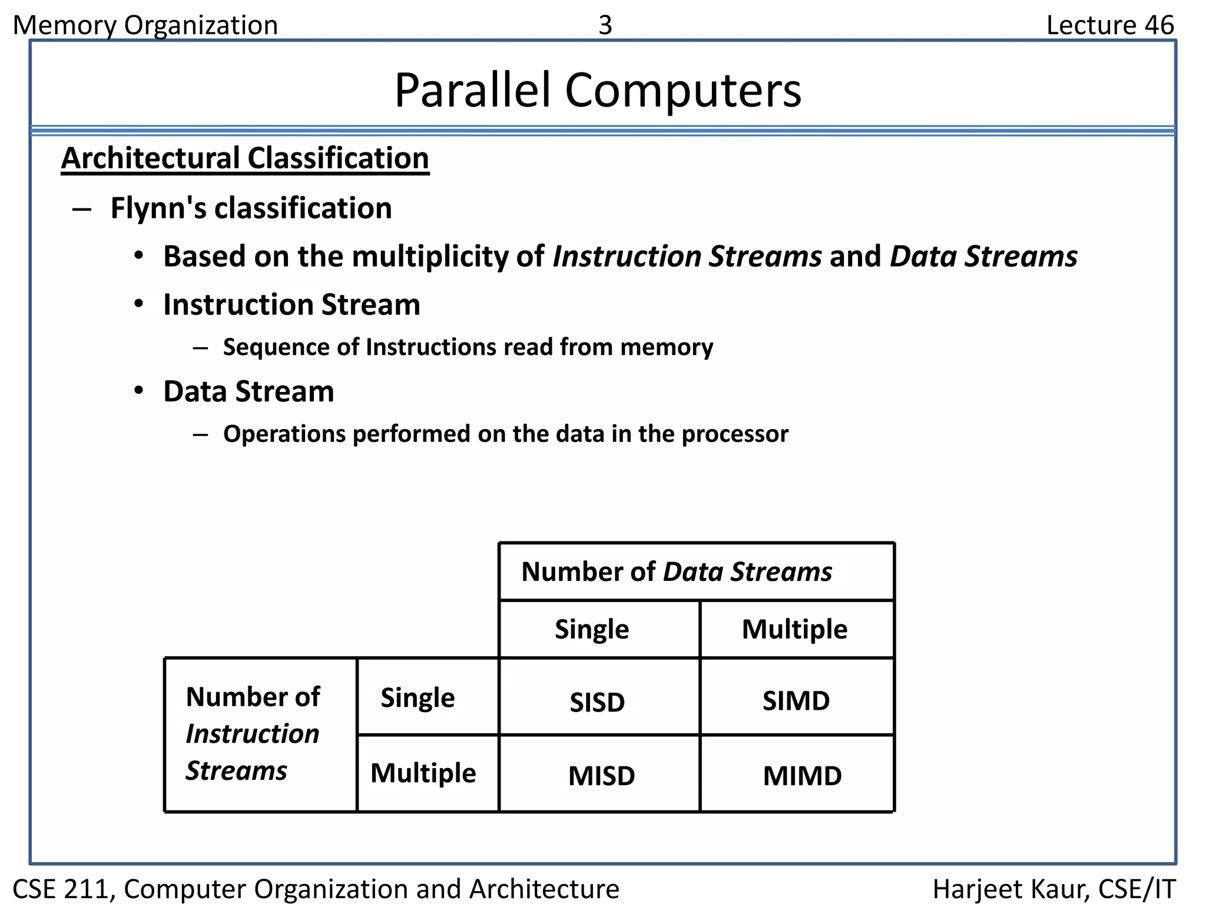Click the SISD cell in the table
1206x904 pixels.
tap(597, 702)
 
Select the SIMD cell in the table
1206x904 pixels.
tap(796, 700)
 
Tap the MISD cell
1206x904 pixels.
tap(601, 775)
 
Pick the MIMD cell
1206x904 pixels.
tap(802, 775)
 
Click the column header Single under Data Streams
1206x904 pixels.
tap(592, 629)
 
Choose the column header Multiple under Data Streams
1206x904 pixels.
tap(794, 629)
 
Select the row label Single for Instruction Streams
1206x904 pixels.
tap(418, 697)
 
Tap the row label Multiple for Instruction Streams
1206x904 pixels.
tap(423, 772)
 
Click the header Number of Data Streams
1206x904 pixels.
tap(676, 571)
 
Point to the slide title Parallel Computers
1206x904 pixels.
tap(597, 90)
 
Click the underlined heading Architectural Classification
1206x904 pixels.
tap(245, 158)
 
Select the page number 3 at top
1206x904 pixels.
tap(605, 25)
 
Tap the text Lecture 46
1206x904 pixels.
tap(1109, 25)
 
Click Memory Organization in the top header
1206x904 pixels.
tap(145, 25)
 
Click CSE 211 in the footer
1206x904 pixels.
tap(61, 888)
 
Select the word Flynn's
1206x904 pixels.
tap(158, 208)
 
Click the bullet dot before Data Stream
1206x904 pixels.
tap(138, 391)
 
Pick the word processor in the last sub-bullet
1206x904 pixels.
tap(734, 434)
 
